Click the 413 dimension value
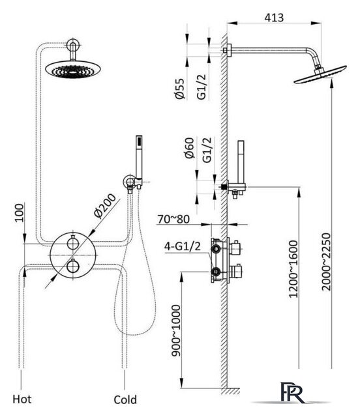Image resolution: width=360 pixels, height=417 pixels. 274,18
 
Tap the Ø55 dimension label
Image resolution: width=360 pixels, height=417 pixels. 180,89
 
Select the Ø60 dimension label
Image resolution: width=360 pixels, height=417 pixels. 189,148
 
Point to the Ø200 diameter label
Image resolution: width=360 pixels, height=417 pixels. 105,206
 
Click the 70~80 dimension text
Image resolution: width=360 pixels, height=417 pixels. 173,219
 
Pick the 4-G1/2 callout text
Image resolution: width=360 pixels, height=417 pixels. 183,246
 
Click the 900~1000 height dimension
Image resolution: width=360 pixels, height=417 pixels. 176,330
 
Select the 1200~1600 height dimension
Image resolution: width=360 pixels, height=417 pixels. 293,269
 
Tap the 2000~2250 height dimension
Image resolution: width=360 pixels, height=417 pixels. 326,262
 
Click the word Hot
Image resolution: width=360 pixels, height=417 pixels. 22,399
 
